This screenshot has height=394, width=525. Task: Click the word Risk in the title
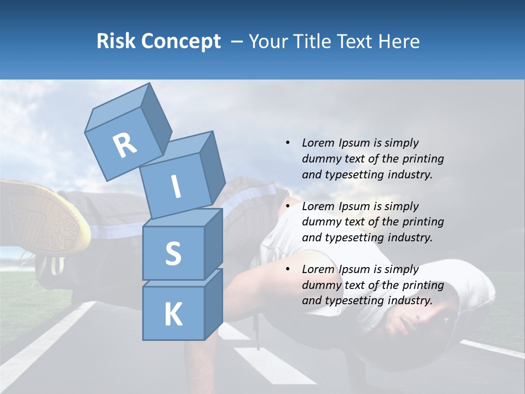(116, 42)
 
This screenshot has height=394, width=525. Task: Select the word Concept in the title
(181, 42)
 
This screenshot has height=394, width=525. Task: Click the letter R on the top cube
(125, 145)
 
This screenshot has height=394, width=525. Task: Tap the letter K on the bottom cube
(173, 314)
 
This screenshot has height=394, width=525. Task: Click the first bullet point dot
(288, 143)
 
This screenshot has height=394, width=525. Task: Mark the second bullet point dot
(288, 206)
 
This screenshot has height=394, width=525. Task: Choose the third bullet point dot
(288, 269)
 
